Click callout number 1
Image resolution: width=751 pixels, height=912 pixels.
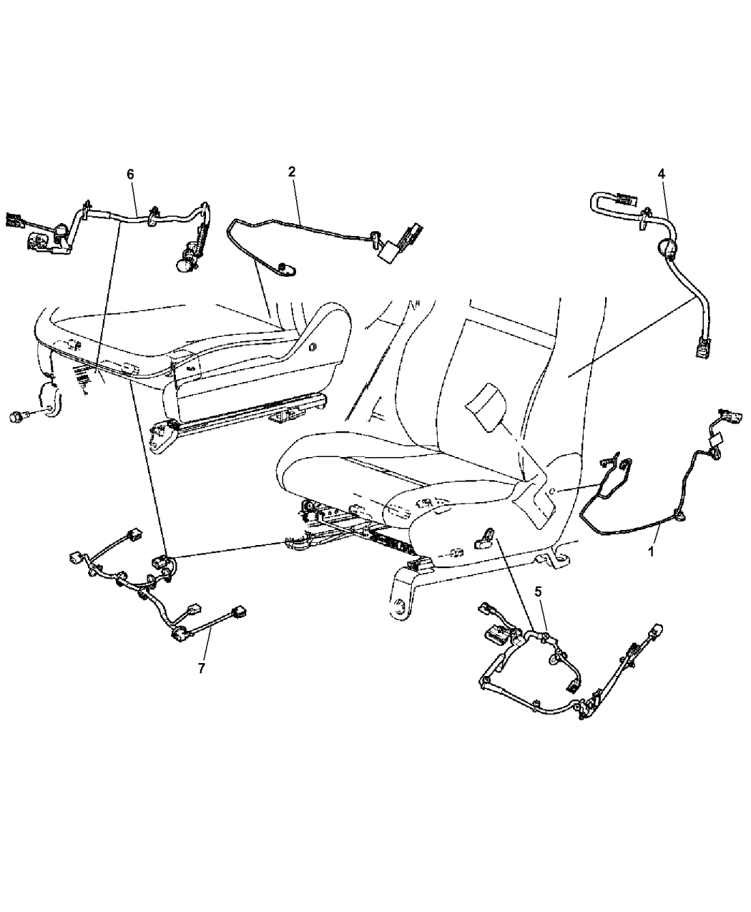pyautogui.click(x=651, y=552)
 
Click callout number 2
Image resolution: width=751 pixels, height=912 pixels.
pyautogui.click(x=291, y=172)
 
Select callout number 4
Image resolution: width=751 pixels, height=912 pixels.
pyautogui.click(x=661, y=175)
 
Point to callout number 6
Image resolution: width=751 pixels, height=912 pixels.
pyautogui.click(x=130, y=175)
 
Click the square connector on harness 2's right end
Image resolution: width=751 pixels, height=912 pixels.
pyautogui.click(x=387, y=252)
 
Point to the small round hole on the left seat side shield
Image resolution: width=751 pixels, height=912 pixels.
pyautogui.click(x=312, y=334)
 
